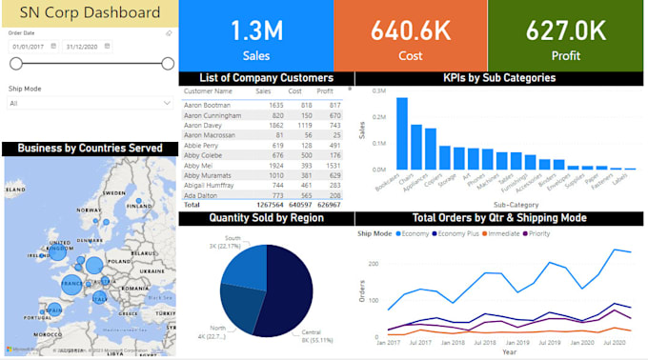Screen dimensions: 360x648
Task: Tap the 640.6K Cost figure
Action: pyautogui.click(x=410, y=30)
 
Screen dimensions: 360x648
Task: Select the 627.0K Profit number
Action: pyautogui.click(x=566, y=30)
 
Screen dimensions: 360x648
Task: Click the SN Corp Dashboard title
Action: pyautogui.click(x=88, y=13)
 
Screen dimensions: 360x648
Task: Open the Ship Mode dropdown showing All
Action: pyautogui.click(x=90, y=103)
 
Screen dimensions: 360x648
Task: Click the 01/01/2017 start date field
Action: pyautogui.click(x=34, y=46)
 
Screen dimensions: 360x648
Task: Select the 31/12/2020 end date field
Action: pyautogui.click(x=87, y=46)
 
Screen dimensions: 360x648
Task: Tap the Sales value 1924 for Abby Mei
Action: pyautogui.click(x=276, y=165)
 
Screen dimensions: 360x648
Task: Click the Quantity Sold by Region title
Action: pyautogui.click(x=266, y=218)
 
